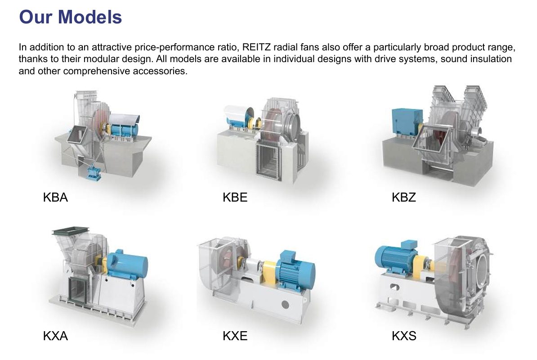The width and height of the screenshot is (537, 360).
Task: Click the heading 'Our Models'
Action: coord(70,17)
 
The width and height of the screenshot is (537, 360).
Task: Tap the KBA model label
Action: coord(55,197)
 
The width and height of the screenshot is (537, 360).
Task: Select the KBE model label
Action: coord(235,197)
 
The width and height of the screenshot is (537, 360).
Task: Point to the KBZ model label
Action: coord(404,197)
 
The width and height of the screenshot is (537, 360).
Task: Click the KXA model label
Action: coord(55,336)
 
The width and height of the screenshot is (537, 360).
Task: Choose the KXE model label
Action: coord(235,336)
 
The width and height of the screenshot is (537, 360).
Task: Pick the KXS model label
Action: coord(404,336)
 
